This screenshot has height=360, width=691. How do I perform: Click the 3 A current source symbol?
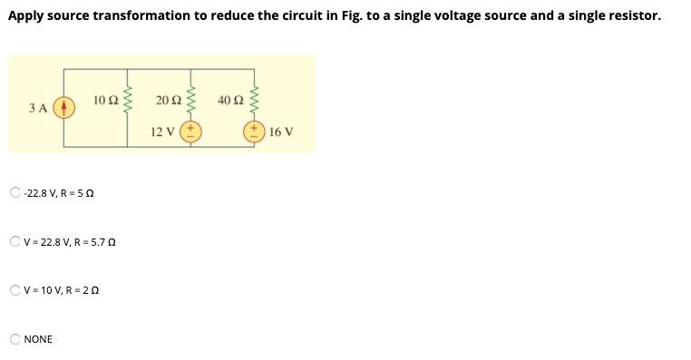[x=63, y=108]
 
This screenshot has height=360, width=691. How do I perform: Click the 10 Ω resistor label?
[x=105, y=99]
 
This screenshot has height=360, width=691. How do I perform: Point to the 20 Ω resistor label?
[x=168, y=99]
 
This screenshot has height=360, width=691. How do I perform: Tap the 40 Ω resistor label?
[x=230, y=99]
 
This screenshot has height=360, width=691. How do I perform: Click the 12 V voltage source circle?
[x=191, y=131]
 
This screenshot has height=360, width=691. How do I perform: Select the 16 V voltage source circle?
[x=254, y=131]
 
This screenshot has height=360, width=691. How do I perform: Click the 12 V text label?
[x=163, y=131]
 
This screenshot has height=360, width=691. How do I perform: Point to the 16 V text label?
[x=281, y=131]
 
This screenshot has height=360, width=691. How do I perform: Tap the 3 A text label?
[x=37, y=108]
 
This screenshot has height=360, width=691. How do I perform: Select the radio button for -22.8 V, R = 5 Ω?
[x=15, y=192]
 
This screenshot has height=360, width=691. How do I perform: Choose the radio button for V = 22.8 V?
[x=15, y=241]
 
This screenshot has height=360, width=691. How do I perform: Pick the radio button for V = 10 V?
[x=15, y=290]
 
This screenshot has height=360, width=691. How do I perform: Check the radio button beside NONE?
[x=15, y=339]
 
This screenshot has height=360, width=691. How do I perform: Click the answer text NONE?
[x=38, y=339]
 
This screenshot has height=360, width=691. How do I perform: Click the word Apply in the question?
[x=27, y=16]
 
